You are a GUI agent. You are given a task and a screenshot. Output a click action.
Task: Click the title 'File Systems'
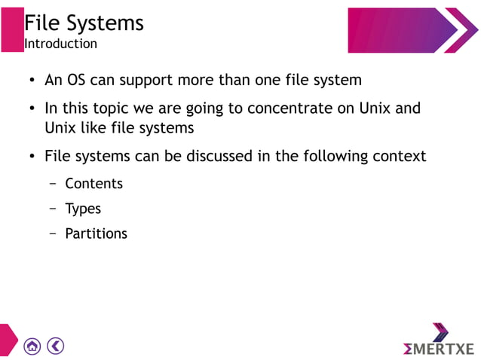[84, 23]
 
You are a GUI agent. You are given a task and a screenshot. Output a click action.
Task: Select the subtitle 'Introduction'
[60, 44]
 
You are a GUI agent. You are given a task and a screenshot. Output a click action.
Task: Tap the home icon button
[32, 346]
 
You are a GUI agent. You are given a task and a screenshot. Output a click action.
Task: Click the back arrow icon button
[55, 346]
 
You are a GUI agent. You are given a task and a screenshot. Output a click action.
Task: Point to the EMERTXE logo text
[439, 349]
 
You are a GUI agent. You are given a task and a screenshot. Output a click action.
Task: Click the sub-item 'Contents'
[93, 183]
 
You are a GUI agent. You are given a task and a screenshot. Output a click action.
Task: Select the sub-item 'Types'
[83, 209]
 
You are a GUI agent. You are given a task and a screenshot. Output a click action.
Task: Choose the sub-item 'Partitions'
[96, 233]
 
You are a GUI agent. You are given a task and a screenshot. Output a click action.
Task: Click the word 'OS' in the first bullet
[77, 80]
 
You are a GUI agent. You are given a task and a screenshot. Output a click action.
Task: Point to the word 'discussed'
[211, 157]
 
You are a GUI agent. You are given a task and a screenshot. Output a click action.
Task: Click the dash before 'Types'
[53, 209]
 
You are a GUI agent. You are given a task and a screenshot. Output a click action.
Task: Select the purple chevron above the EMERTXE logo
[440, 331]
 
